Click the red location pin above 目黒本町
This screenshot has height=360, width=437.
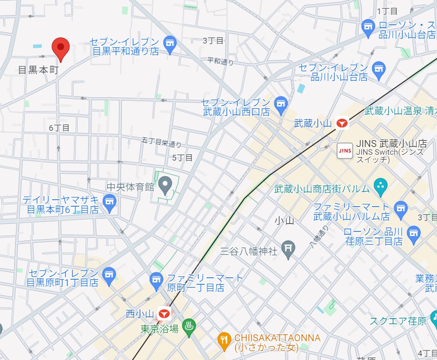point(60,48)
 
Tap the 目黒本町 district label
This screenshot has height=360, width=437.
point(38,70)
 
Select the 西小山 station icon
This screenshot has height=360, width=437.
point(164,314)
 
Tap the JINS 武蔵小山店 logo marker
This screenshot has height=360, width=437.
point(345,151)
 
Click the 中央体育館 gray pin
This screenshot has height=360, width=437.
point(165,186)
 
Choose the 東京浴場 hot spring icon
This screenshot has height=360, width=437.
point(189,328)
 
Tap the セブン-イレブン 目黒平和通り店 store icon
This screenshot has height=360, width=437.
point(170,43)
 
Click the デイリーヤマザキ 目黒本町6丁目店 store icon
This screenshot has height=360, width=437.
point(109,202)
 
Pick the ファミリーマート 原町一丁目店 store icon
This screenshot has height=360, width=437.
point(157,279)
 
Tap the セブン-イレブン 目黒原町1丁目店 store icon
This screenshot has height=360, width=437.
point(109,275)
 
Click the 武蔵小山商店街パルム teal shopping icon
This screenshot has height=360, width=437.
point(380,186)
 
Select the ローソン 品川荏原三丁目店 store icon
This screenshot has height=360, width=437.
point(414,232)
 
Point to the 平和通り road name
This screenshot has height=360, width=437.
point(221,61)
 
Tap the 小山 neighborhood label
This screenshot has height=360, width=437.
point(284,220)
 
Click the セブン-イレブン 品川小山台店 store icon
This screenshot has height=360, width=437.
point(378,69)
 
